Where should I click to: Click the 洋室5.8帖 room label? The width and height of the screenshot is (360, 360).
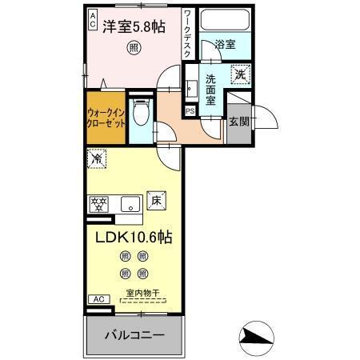pyautogui.click(x=134, y=27)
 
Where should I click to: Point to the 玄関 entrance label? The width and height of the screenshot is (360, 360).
pyautogui.click(x=238, y=122)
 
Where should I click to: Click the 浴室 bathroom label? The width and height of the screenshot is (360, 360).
pyautogui.click(x=225, y=45)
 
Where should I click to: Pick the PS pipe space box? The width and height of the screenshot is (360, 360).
pyautogui.click(x=190, y=110)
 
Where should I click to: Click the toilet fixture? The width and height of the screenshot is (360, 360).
pyautogui.click(x=141, y=114)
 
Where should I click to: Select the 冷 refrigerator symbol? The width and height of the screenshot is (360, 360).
pyautogui.click(x=94, y=159)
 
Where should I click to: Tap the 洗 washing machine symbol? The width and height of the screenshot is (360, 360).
pyautogui.click(x=239, y=75)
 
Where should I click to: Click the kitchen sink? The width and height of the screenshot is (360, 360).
pyautogui.click(x=129, y=204)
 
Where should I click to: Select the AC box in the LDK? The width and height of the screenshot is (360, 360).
pyautogui.click(x=99, y=299)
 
